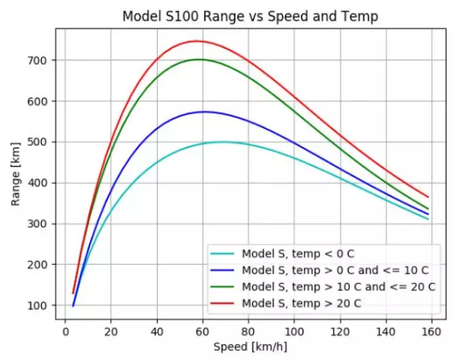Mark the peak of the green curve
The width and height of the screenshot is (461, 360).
click(x=199, y=59)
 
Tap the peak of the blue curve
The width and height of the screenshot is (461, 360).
click(x=203, y=112)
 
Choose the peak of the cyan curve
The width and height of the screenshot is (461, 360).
click(x=222, y=142)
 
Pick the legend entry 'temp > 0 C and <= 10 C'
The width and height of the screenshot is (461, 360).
click(x=335, y=271)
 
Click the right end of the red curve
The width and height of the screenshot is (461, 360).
click(x=428, y=197)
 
